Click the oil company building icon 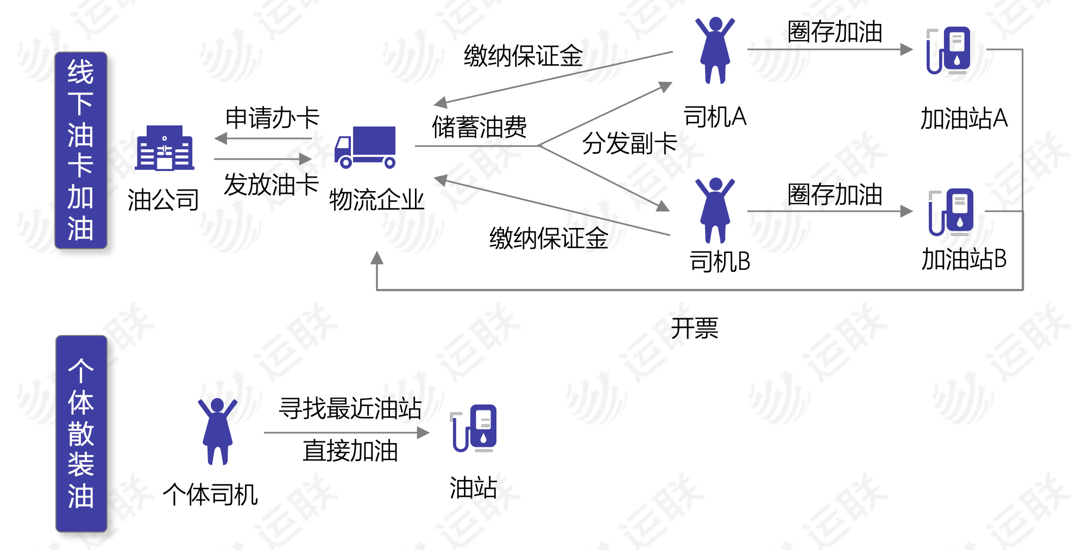pos(164,148)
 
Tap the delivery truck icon pos(365,147)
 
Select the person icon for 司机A pos(715,50)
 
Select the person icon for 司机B pos(715,210)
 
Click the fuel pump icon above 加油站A pos(948,50)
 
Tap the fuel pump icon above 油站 pos(474,428)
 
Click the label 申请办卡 pos(272,118)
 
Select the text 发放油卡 pos(271,185)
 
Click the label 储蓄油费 pos(479,127)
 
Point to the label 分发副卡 pos(630,143)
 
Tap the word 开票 pos(694,328)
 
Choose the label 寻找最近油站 pos(350,408)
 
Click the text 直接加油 pos(350,451)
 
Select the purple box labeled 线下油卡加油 pos(81,150)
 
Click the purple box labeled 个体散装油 pos(81,433)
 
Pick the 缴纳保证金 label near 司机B pos(549,238)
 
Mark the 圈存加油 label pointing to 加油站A pos(835,31)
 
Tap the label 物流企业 pos(376,200)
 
